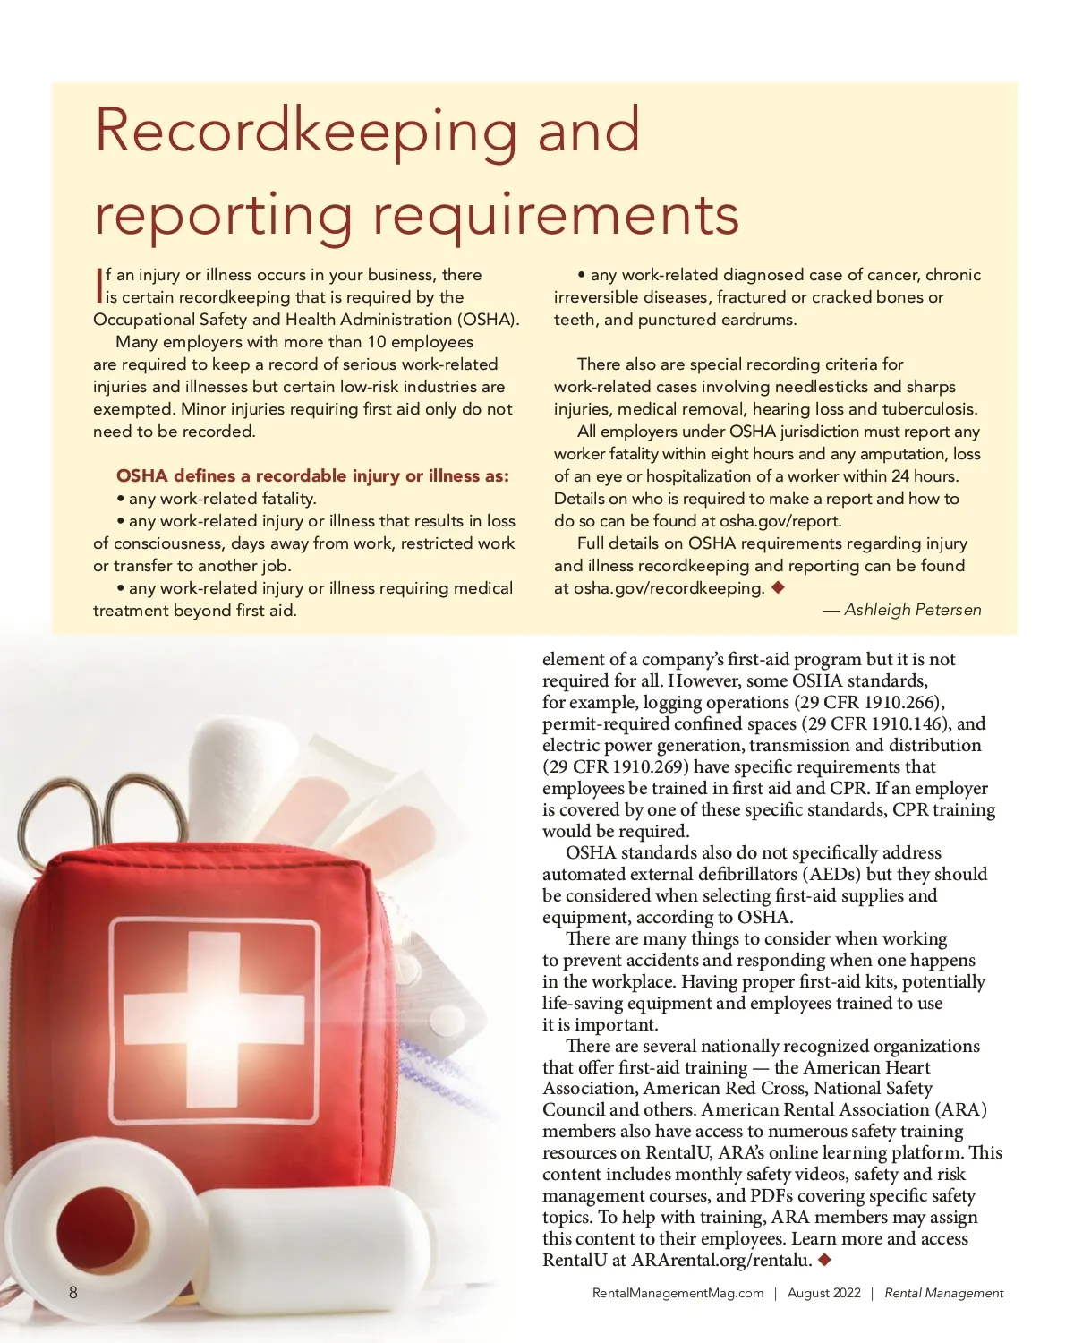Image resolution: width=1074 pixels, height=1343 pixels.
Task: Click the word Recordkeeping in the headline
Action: (305, 131)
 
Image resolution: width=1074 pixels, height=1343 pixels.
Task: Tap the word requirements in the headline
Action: (555, 215)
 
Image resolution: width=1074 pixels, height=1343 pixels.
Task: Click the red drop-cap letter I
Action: (98, 285)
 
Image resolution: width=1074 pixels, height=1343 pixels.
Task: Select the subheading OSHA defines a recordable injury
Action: (312, 475)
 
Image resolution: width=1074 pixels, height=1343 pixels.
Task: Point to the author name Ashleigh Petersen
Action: (912, 610)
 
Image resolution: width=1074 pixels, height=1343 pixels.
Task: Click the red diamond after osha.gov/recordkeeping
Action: (778, 587)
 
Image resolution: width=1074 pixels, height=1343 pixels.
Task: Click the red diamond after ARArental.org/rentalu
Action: (825, 1260)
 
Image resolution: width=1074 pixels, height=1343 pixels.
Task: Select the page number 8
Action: (73, 1292)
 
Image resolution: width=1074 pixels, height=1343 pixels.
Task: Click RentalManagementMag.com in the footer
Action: (678, 1293)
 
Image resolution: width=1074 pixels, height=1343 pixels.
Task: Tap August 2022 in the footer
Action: (823, 1293)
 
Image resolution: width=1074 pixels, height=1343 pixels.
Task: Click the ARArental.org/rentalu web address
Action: (721, 1261)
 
